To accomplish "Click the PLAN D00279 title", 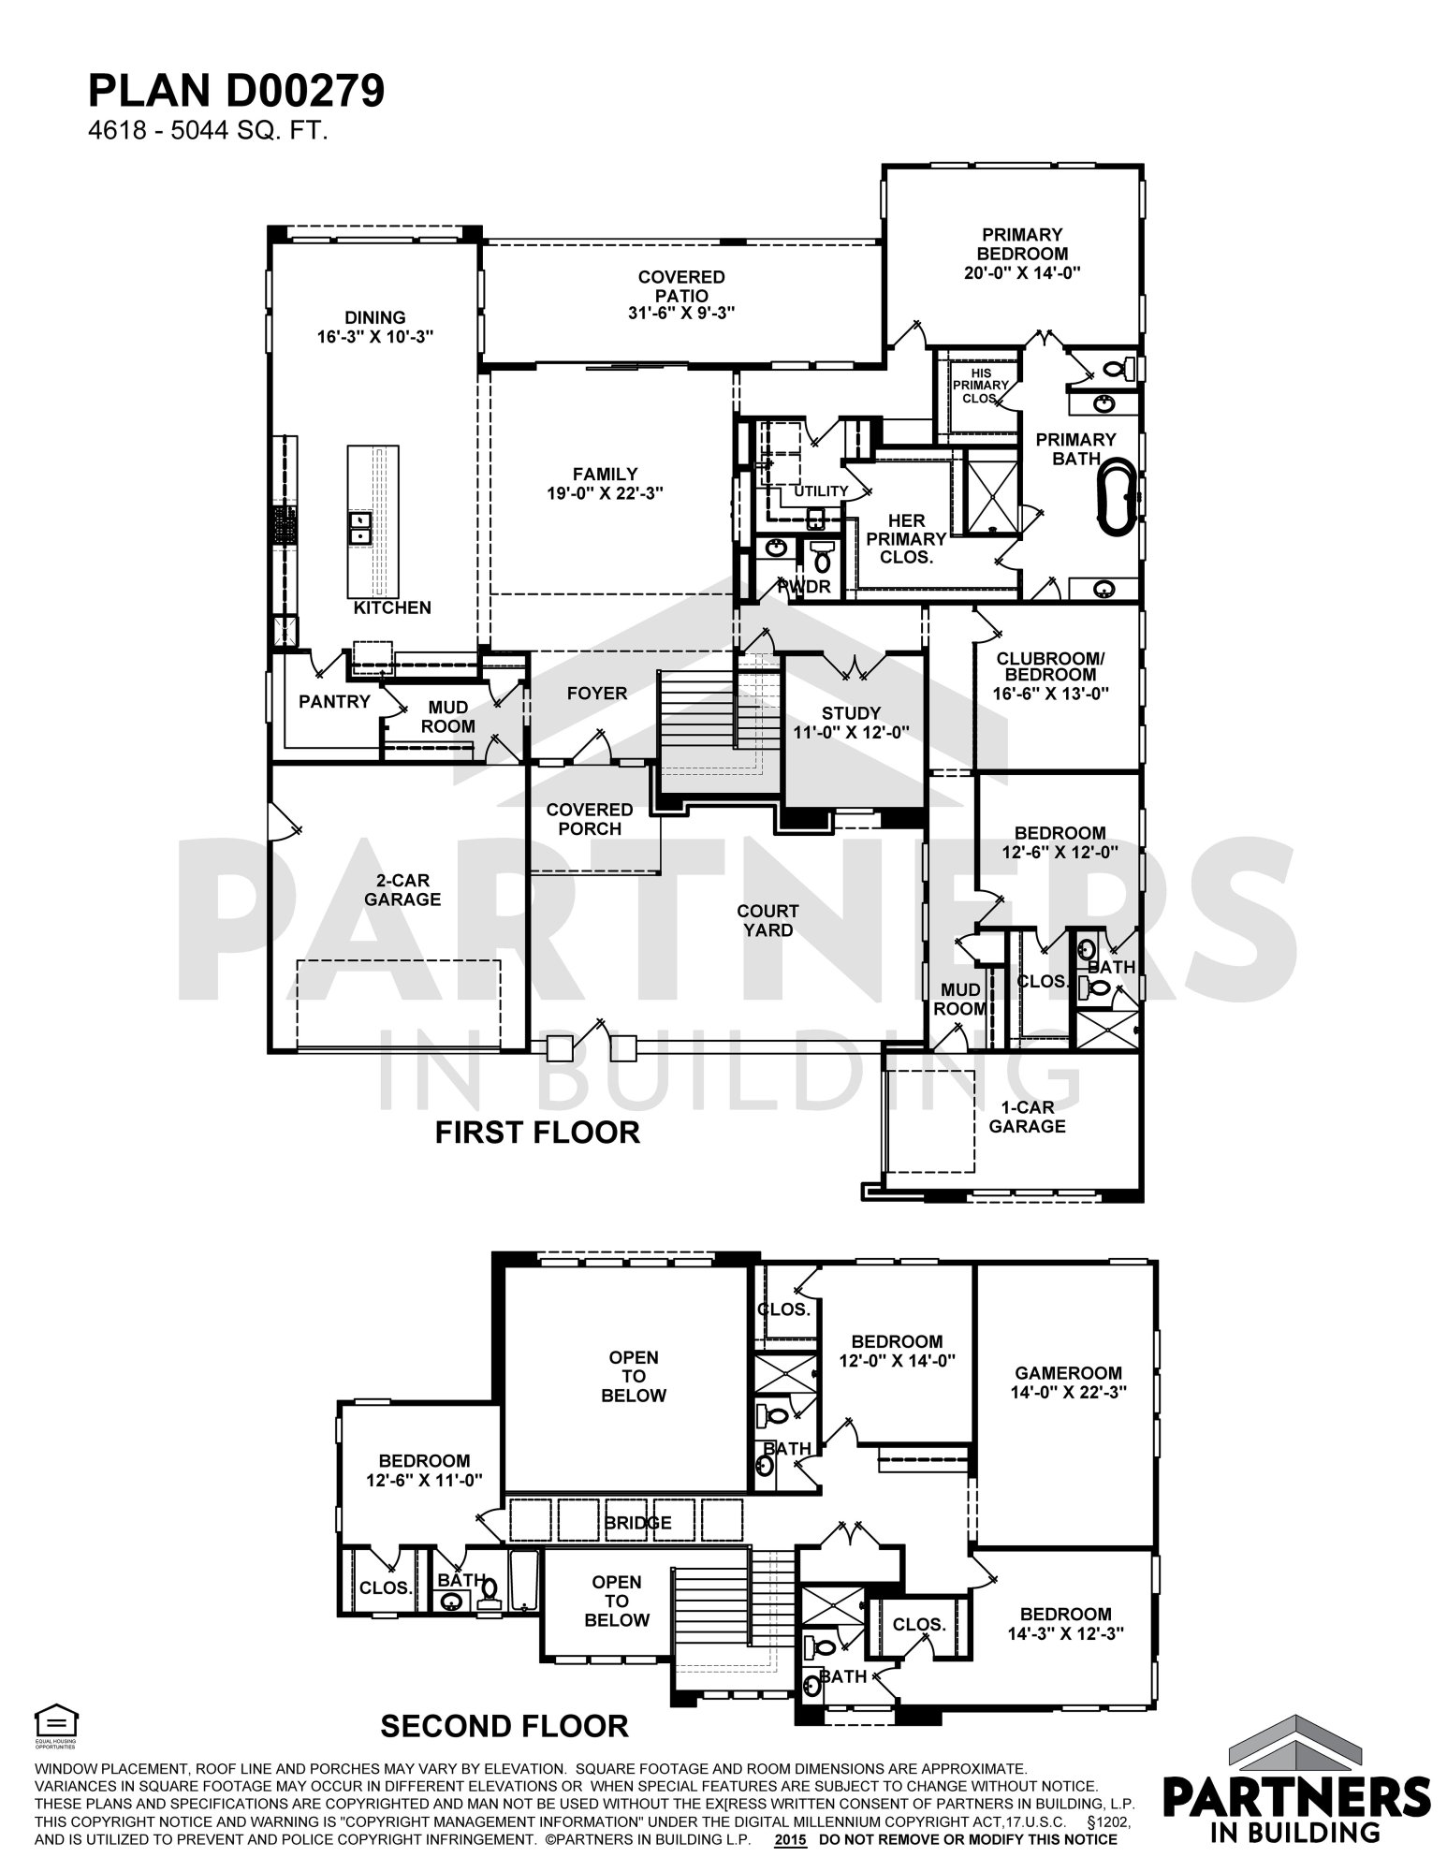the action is tap(236, 93).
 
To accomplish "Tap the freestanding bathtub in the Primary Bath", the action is tap(1117, 496).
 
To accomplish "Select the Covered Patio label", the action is tap(681, 286).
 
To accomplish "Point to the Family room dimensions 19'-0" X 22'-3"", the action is tap(606, 492).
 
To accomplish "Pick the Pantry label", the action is tap(334, 701).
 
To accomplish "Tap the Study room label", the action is tap(852, 713).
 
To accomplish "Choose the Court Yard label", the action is tap(767, 920).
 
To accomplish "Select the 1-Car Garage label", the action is tap(1027, 1117).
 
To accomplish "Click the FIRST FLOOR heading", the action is tap(537, 1133).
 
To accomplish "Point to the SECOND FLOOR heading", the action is tap(504, 1725).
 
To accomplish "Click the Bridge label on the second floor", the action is tap(637, 1523).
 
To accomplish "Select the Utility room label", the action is tap(821, 491).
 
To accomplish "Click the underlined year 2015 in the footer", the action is tap(791, 1839).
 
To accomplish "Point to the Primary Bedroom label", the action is tap(1022, 243).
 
